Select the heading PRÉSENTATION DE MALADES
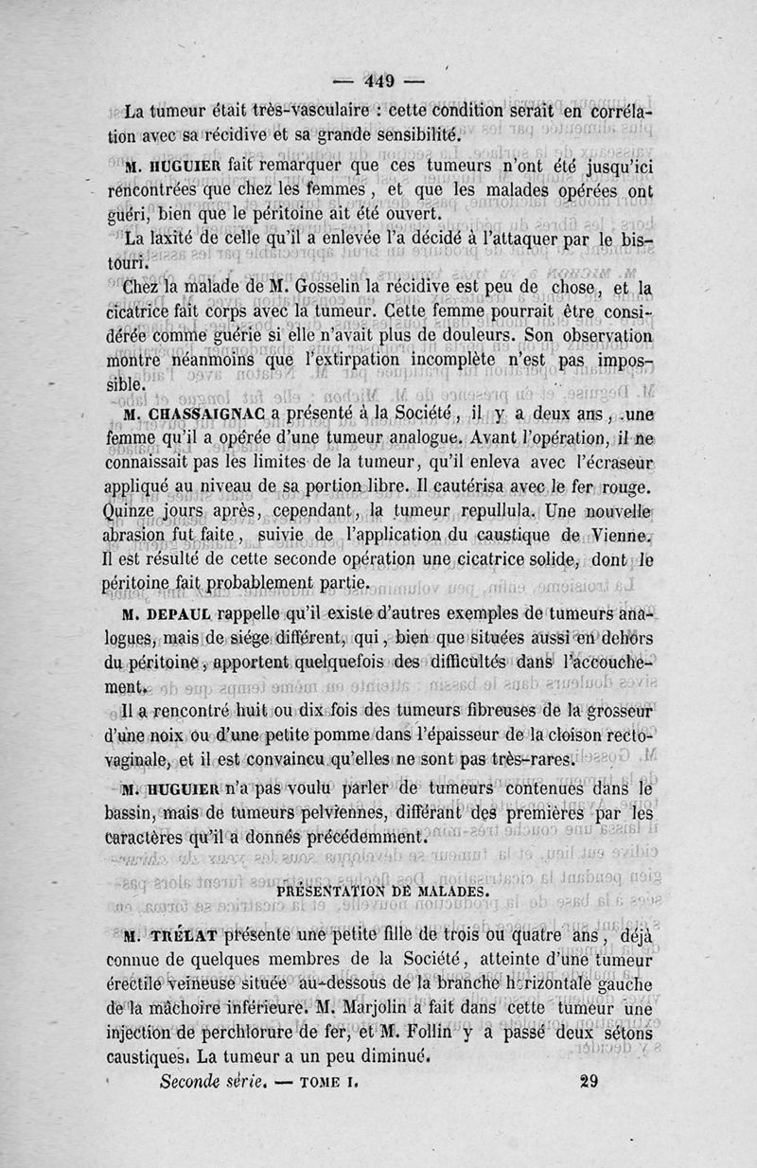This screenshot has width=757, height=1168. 381,890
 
